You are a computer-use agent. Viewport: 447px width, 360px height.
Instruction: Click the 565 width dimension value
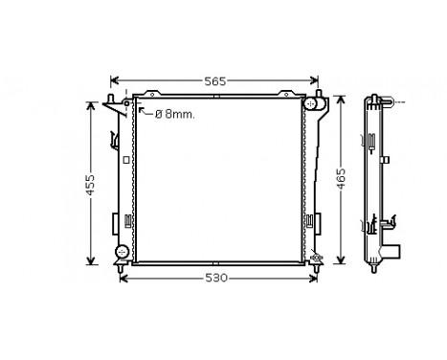click(x=215, y=82)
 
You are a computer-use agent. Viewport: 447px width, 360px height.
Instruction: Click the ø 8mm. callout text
click(x=172, y=114)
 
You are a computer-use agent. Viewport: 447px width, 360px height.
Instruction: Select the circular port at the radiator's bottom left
click(x=121, y=252)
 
